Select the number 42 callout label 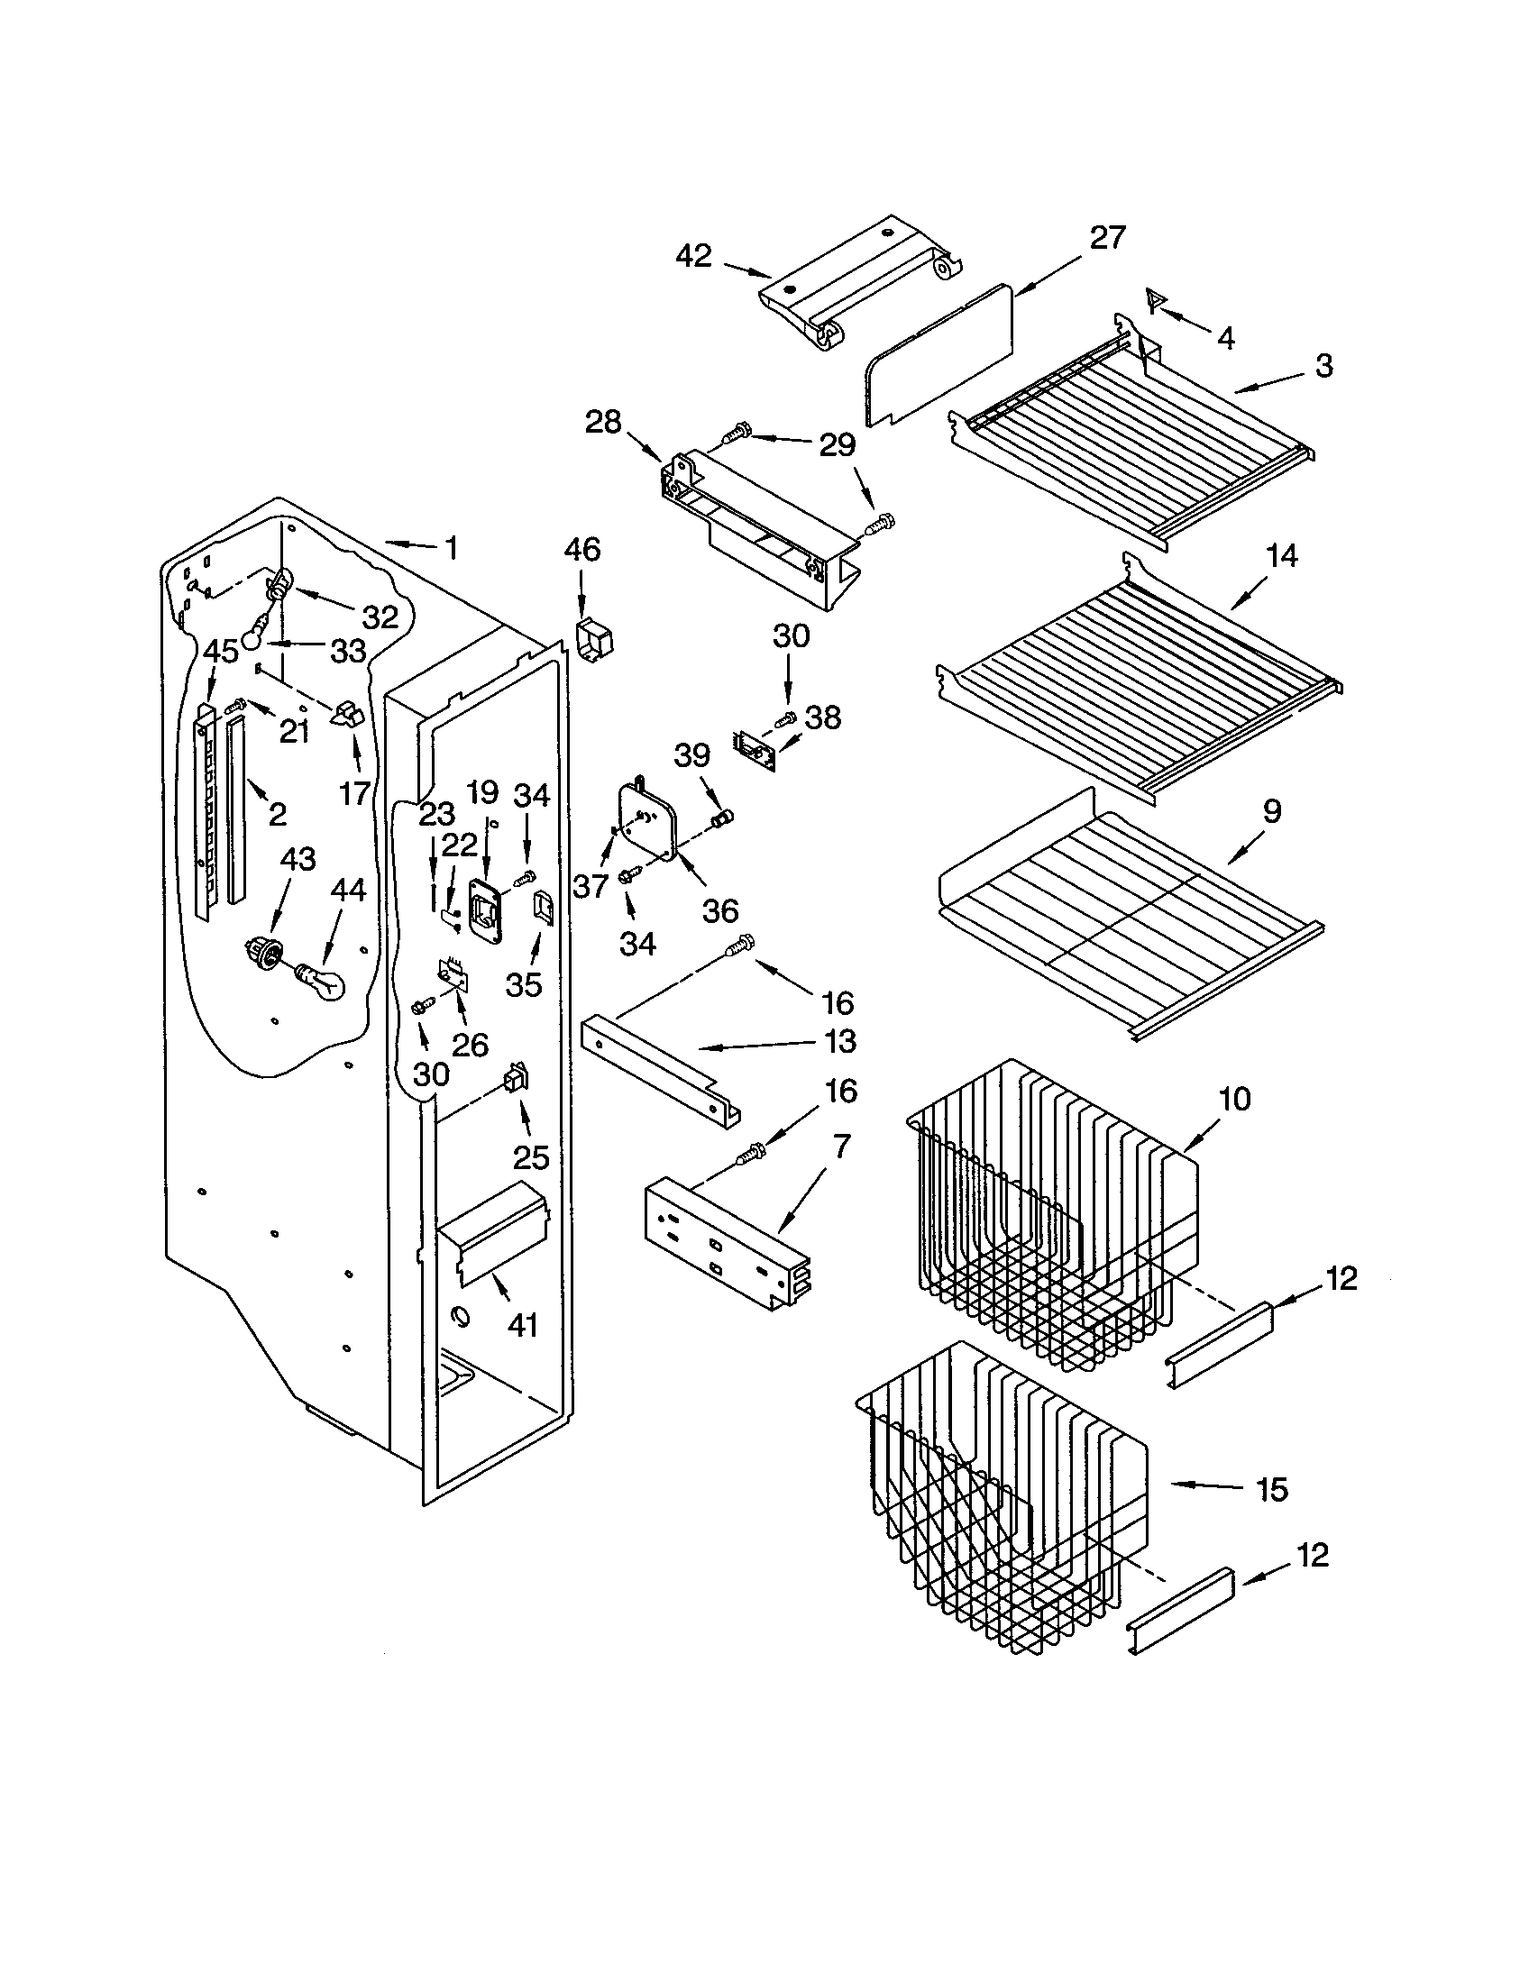click(693, 256)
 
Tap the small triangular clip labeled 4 click(1155, 298)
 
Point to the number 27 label click(1107, 238)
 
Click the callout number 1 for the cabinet click(451, 547)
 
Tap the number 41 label click(522, 1327)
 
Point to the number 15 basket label click(1272, 1489)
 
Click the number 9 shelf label click(1271, 812)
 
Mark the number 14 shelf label click(1281, 555)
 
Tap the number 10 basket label click(1234, 1099)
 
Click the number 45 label click(220, 650)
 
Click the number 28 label click(603, 422)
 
